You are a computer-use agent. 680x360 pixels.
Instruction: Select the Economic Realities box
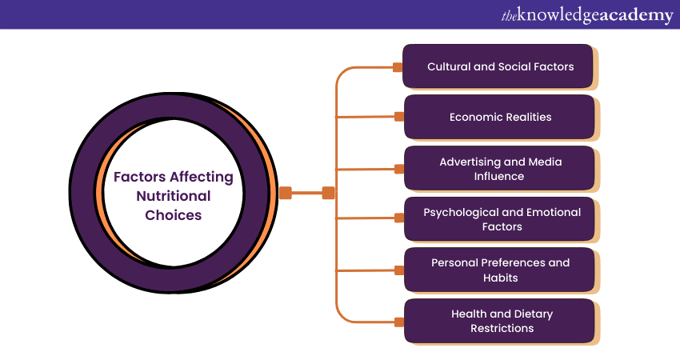[499, 117]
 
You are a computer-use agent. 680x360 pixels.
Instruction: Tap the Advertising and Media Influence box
[499, 168]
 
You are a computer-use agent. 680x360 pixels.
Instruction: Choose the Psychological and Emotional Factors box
[499, 219]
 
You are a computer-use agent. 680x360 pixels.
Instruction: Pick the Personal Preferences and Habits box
[499, 270]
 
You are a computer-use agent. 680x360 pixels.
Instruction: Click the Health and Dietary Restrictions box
[499, 321]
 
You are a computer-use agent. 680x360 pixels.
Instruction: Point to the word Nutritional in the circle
[174, 196]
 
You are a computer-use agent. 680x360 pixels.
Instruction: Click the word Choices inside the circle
[174, 215]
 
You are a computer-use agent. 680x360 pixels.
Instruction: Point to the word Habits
[501, 278]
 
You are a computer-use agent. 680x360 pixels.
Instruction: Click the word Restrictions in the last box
[501, 328]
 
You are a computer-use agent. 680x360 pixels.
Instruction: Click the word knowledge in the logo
[559, 15]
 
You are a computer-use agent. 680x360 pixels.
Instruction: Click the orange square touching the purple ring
[286, 193]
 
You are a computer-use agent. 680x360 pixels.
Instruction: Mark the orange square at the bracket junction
[328, 193]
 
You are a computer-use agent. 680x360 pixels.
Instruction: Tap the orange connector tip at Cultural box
[398, 67]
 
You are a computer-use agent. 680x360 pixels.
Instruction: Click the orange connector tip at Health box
[398, 322]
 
